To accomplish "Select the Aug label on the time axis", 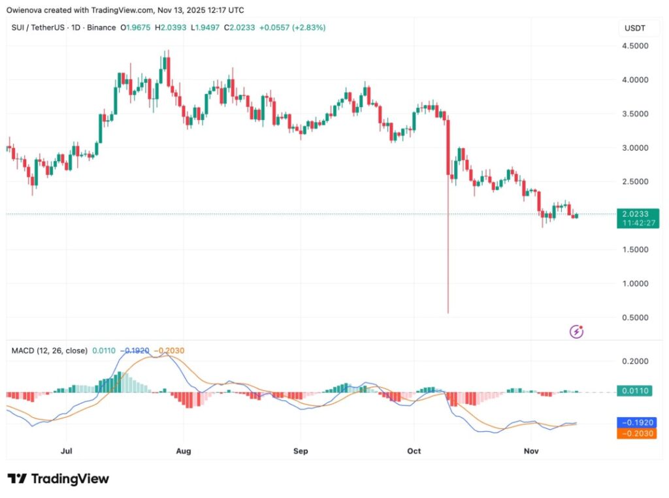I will click(x=184, y=451).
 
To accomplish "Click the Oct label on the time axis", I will click(x=414, y=451).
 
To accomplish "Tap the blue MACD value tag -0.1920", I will click(x=636, y=422).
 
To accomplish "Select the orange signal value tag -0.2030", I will click(x=636, y=433).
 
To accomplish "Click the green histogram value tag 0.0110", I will click(x=636, y=392).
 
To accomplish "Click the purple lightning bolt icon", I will click(x=577, y=332).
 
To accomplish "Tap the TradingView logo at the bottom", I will click(x=59, y=479).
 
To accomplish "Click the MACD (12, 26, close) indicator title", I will click(x=50, y=350).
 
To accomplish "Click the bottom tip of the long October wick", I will click(x=448, y=313).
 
